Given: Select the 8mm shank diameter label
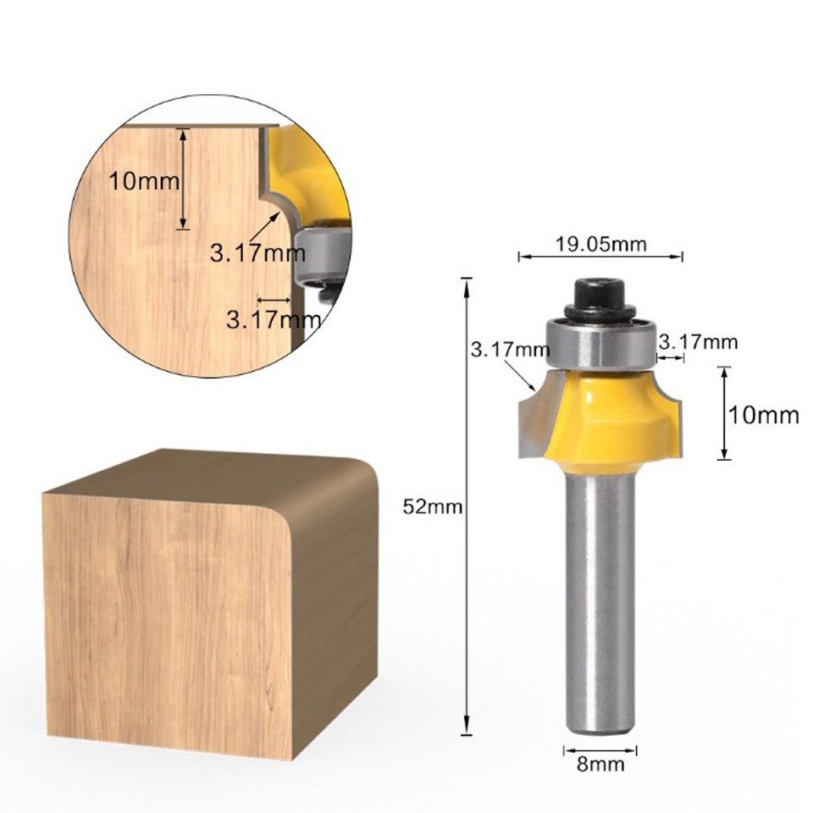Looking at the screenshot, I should tap(600, 765).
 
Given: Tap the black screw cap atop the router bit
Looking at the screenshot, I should tap(600, 297).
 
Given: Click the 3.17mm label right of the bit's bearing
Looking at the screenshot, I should tap(698, 342).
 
